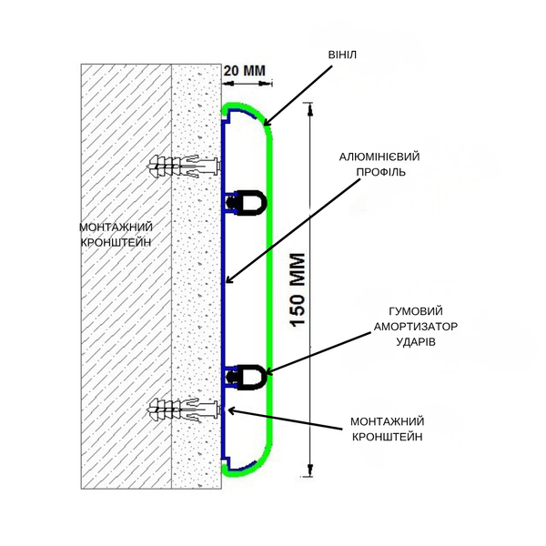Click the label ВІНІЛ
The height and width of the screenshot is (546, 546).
click(x=342, y=55)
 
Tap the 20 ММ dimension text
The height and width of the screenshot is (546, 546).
click(x=245, y=71)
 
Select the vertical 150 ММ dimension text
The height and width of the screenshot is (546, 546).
click(x=298, y=289)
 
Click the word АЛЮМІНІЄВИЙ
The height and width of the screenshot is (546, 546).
click(x=379, y=157)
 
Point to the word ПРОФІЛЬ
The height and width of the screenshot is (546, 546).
click(x=380, y=172)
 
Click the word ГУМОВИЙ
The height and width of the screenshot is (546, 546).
click(x=416, y=311)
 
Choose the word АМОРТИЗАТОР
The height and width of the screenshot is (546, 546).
click(x=416, y=327)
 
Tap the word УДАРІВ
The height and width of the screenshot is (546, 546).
click(x=416, y=341)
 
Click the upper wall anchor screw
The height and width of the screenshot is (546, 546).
click(x=185, y=166)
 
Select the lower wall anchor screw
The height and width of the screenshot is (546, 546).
click(x=185, y=409)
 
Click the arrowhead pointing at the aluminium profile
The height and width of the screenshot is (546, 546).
click(x=229, y=279)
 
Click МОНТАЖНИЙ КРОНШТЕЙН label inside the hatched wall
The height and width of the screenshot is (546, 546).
click(x=116, y=235)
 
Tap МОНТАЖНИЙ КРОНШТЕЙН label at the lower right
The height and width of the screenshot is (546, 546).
click(x=388, y=429)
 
